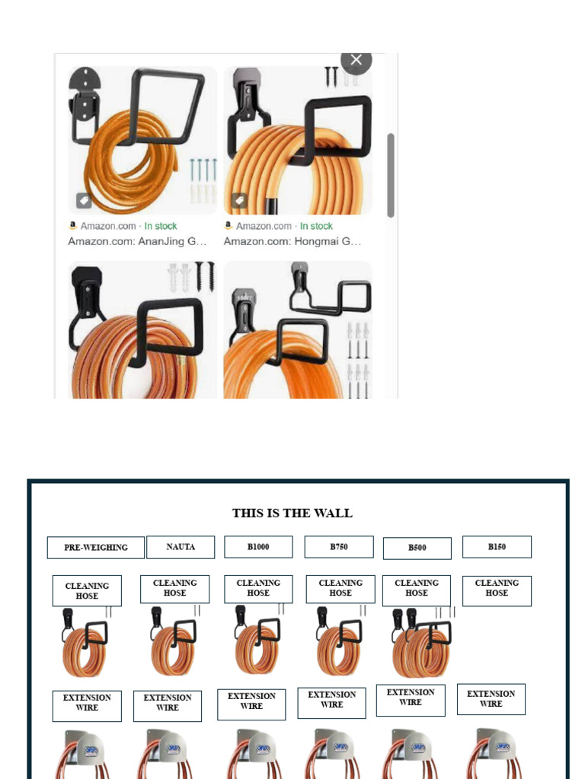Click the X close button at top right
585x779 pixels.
pos(356,60)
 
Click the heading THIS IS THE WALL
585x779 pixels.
pos(292,513)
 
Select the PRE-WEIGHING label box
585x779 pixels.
pos(95,547)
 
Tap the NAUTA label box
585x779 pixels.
pos(181,546)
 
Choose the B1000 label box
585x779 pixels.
pos(258,546)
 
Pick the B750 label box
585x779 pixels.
pos(339,546)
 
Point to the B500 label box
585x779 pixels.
pos(417,548)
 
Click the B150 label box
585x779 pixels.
pos(497,546)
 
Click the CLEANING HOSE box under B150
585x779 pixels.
pos(497,590)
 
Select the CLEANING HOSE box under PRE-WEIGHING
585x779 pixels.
pos(87,590)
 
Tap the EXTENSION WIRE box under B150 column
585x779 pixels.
pos(491,698)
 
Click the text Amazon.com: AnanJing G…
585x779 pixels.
pos(137,241)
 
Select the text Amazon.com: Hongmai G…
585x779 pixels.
pos(292,241)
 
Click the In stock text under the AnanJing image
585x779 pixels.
pos(161,226)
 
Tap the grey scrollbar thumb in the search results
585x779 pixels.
pos(391,175)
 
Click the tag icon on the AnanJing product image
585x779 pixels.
pos(84,201)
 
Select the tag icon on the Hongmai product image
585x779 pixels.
pos(239,201)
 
